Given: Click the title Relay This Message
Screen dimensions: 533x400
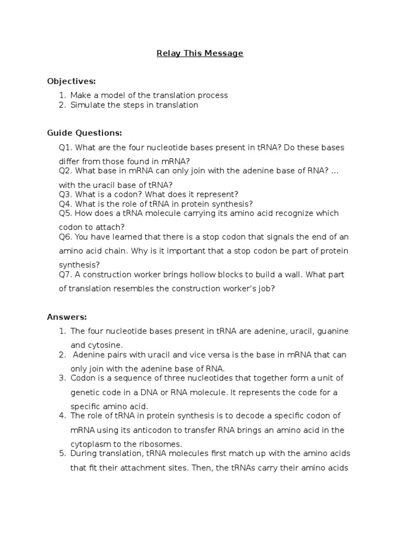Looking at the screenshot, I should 200,53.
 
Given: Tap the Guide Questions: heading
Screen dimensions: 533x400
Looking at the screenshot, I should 84,133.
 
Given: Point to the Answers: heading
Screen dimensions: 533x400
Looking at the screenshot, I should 67,317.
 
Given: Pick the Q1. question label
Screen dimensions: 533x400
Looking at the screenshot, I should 66,147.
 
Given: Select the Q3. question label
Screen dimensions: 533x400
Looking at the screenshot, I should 66,194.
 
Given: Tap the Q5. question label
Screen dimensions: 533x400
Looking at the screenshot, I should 66,213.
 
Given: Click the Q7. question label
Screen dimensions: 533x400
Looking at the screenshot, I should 66,274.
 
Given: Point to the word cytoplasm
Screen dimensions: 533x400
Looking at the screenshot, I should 90,444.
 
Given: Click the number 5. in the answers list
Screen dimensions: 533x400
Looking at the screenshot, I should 62,453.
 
